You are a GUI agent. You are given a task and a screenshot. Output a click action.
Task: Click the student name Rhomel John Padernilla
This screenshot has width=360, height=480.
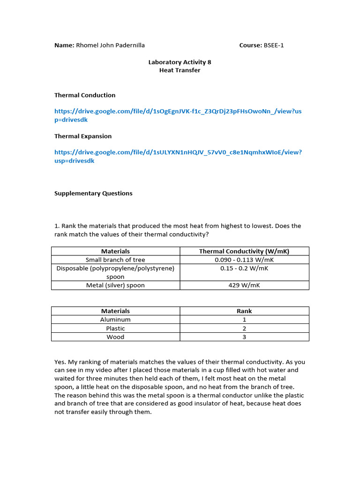[x=110, y=45]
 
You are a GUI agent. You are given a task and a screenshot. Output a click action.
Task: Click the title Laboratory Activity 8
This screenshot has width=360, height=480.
[x=176, y=62]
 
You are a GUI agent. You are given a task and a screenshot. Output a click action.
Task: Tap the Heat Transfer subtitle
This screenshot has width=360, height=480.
[x=180, y=70]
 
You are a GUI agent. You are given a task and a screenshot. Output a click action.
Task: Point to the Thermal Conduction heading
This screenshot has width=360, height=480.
[x=85, y=95]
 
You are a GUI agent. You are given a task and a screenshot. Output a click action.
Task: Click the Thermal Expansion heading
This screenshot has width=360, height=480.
[x=83, y=136]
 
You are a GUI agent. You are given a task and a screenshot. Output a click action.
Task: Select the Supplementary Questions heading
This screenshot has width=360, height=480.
[x=93, y=193]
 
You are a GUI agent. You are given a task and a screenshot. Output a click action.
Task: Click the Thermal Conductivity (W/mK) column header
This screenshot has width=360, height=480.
[x=244, y=251]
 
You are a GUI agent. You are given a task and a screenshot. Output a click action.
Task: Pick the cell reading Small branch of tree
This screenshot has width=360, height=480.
[x=115, y=260]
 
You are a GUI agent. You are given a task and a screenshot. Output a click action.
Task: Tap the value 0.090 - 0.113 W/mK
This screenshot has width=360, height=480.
[x=244, y=260]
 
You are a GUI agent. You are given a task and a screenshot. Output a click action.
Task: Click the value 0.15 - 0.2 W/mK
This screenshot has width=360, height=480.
[x=244, y=268]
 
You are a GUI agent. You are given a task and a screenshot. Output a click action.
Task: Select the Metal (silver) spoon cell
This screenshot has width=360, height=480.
[x=115, y=285]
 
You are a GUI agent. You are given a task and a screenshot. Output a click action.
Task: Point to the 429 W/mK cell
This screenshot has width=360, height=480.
[x=244, y=285]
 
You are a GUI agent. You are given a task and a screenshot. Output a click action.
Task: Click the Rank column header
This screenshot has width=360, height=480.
[x=244, y=311]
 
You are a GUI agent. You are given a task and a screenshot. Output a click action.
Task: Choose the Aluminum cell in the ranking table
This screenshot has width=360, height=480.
[x=115, y=320]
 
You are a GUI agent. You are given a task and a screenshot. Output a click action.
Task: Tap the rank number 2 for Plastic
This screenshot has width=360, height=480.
[x=244, y=328]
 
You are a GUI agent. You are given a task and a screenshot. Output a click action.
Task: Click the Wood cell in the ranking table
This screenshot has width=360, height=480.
[x=115, y=337]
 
